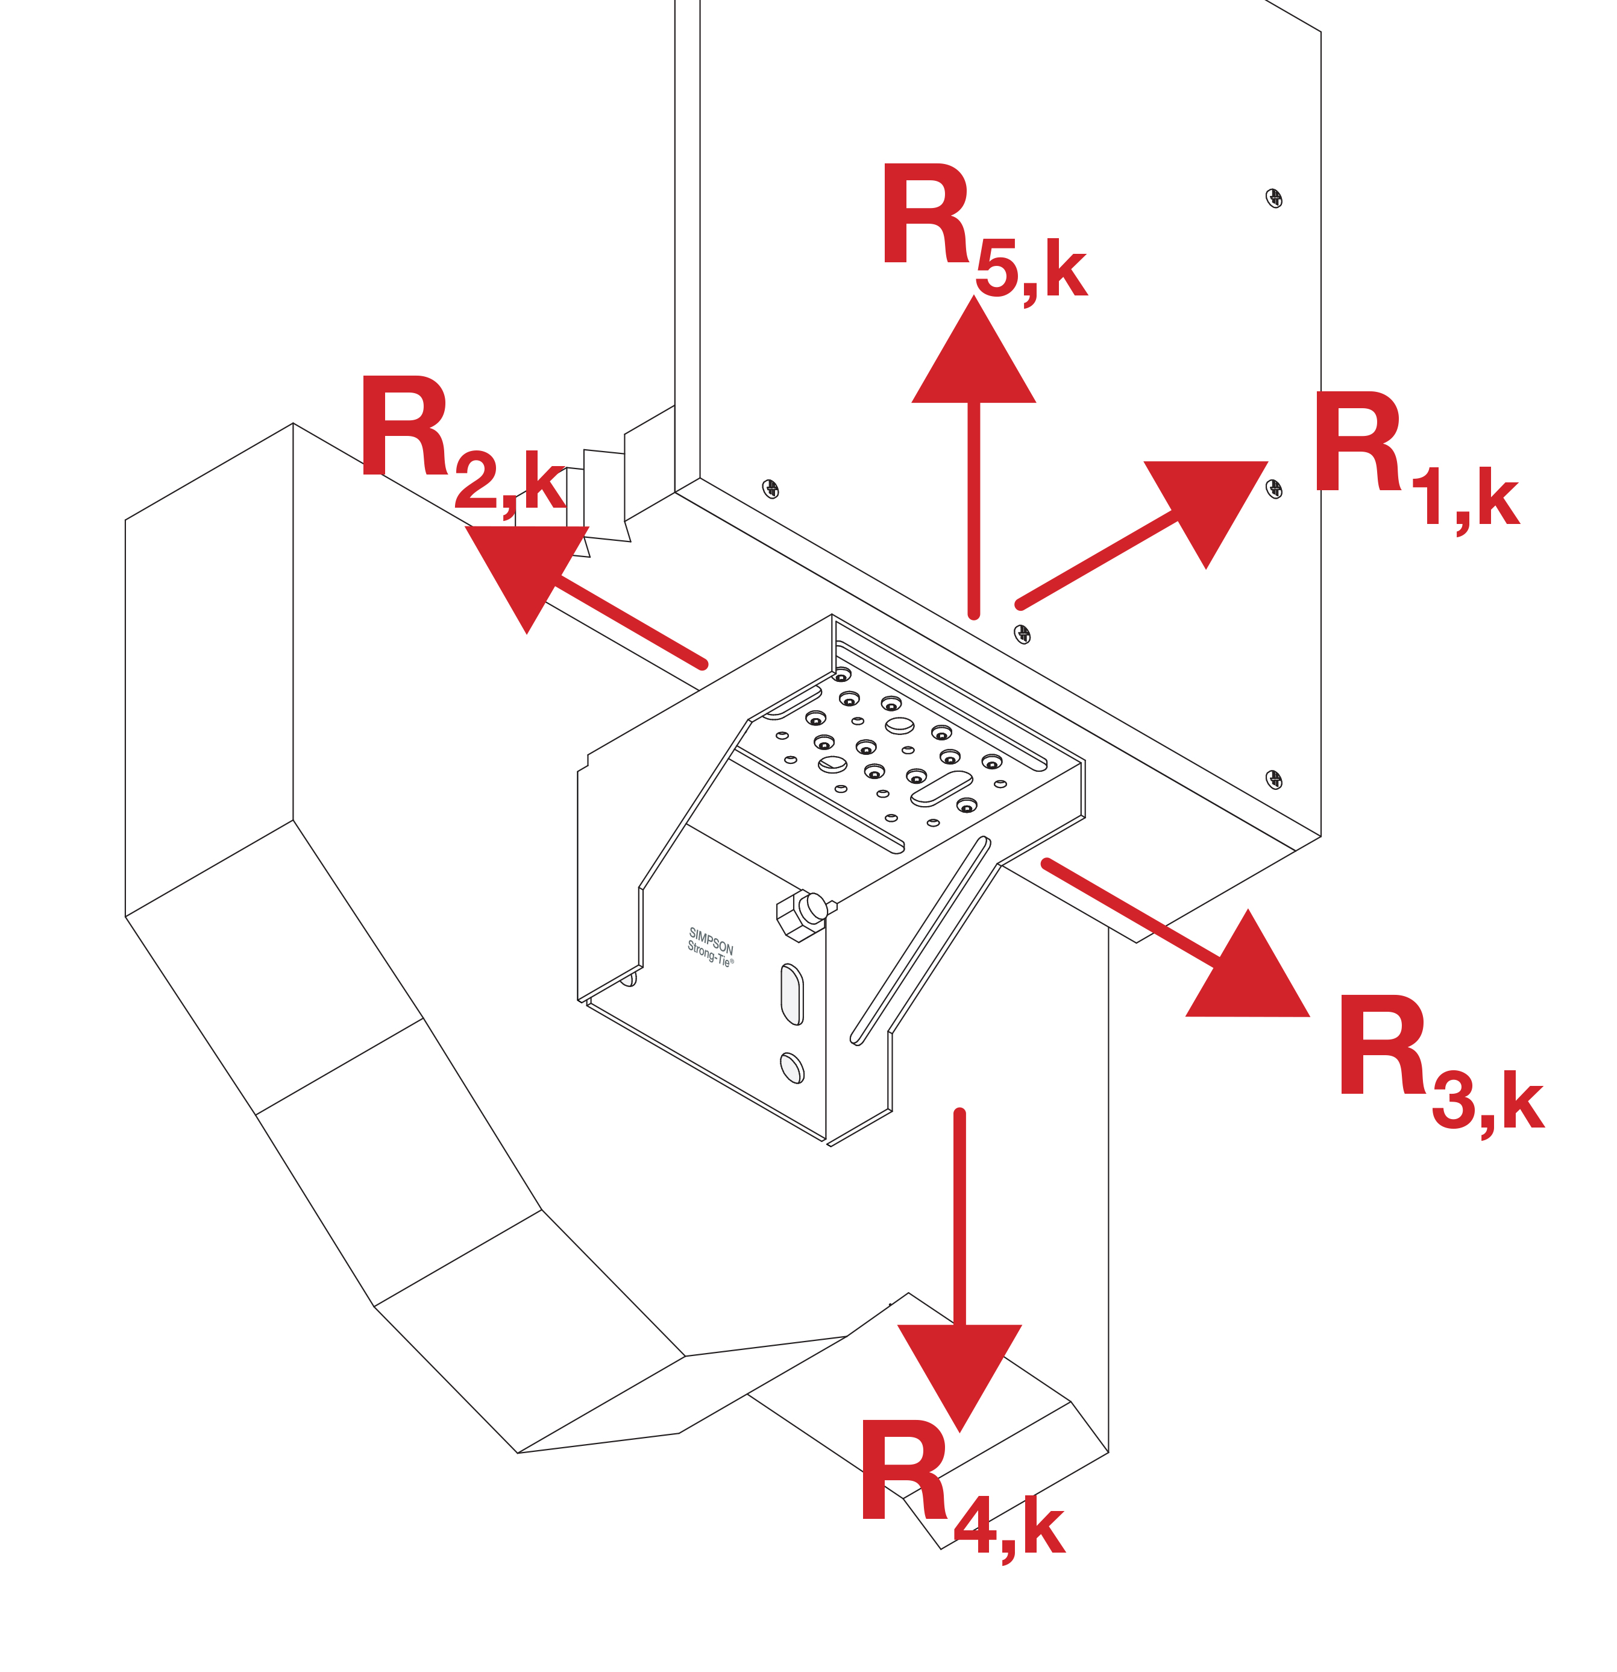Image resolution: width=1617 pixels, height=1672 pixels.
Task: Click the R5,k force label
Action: [981, 230]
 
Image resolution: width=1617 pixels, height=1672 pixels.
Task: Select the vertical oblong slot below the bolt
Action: [791, 994]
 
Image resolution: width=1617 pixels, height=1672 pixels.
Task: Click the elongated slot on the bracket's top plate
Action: [941, 788]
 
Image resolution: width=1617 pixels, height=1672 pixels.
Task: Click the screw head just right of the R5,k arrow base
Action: [1022, 633]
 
